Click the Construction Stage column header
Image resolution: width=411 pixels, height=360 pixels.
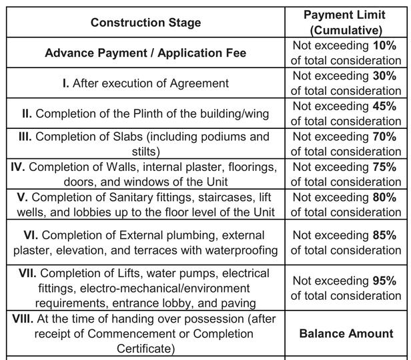coord(145,23)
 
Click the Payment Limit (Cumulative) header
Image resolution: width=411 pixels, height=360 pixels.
coord(346,23)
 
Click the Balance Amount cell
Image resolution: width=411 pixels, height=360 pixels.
coord(346,333)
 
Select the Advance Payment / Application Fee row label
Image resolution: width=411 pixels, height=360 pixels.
coord(145,53)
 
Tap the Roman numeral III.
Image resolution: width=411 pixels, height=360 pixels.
coord(28,136)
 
